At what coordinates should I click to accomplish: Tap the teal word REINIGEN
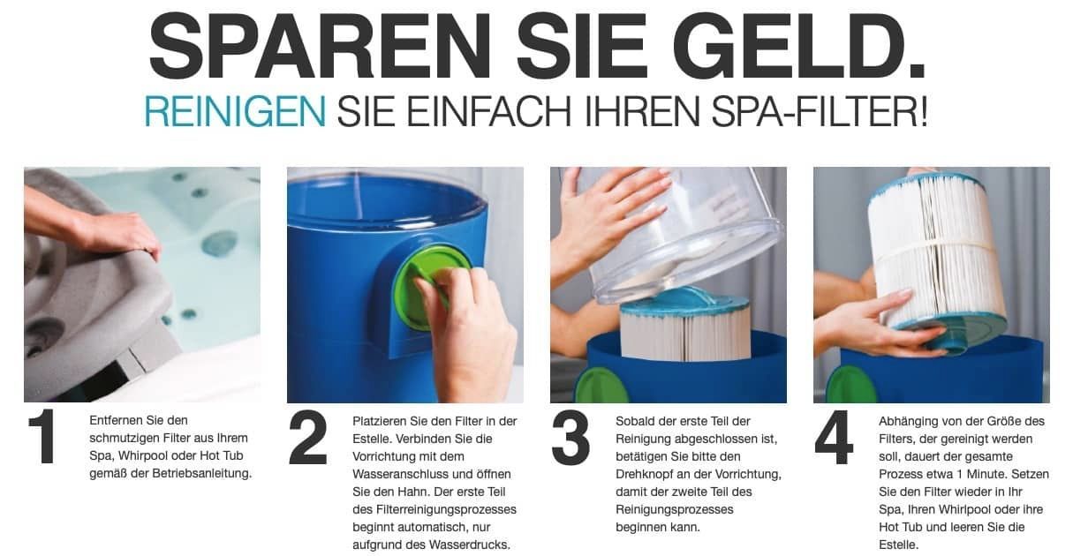pos(235,111)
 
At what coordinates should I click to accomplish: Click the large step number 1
pos(43,436)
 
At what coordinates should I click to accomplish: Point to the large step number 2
pos(308,437)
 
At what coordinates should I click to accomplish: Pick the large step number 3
pos(571,438)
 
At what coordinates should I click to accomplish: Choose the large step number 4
pos(835,437)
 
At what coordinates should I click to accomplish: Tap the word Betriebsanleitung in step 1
pos(201,474)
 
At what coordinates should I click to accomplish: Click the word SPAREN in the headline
pos(320,47)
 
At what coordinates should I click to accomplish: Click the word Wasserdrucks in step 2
pos(470,545)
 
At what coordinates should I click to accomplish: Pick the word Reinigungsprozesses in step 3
pos(675,509)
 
